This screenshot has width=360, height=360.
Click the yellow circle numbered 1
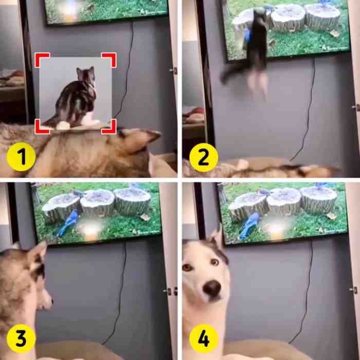[21, 157]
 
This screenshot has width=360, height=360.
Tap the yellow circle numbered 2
[204, 157]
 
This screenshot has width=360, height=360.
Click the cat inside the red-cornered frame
[77, 98]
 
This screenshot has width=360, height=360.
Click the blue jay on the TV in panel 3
[68, 223]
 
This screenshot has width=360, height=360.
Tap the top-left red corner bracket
[40, 58]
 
